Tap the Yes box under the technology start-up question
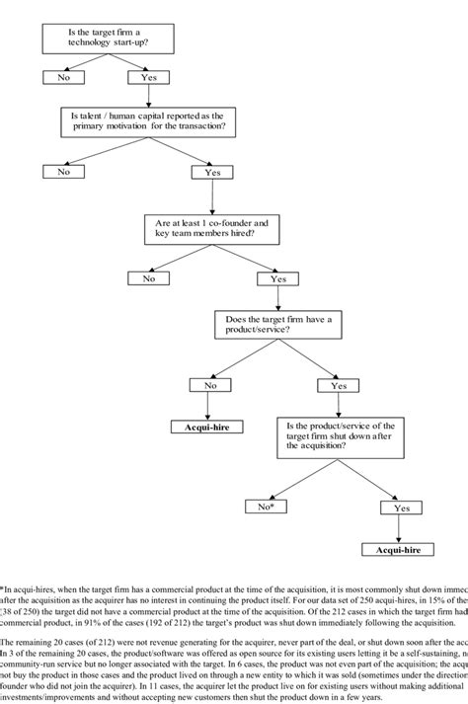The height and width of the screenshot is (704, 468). point(148,75)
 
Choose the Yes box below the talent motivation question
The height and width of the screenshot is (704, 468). point(211,172)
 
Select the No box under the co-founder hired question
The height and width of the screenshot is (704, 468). point(148,278)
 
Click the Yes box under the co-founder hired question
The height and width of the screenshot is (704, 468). point(277,279)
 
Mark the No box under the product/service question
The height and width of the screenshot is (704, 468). point(209,386)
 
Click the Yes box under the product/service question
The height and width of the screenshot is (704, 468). point(339,386)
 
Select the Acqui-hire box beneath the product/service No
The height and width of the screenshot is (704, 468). point(209,427)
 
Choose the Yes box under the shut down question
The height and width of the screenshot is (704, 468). point(402,508)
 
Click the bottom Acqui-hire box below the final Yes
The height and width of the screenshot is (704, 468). point(402,547)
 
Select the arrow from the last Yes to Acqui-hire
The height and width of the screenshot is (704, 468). point(402,527)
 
